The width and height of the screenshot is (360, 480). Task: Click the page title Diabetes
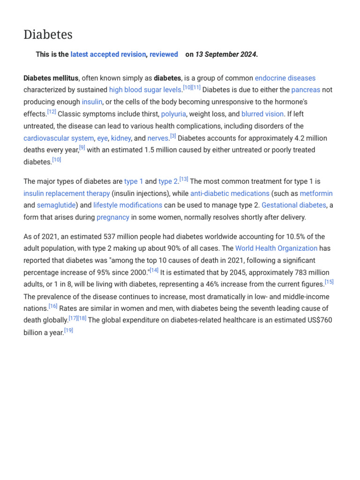point(48,35)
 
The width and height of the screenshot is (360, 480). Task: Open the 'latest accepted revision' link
point(108,54)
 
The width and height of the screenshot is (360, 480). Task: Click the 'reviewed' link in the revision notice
point(164,54)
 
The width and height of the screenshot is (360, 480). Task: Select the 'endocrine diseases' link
point(285,78)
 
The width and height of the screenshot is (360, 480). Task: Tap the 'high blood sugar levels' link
point(145,90)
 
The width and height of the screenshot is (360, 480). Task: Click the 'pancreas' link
point(306,90)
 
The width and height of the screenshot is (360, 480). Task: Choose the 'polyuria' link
point(173,114)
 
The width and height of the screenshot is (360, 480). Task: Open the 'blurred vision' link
point(262,114)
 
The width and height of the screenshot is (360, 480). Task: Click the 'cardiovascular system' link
point(59,138)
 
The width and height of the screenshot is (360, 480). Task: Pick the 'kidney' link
point(121,138)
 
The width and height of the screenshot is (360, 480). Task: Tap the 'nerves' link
point(158,138)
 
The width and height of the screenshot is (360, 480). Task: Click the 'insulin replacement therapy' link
point(67,193)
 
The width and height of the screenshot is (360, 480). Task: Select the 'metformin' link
point(316,193)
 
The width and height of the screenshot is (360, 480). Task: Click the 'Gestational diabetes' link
point(293,205)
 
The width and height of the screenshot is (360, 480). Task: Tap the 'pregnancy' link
point(112,217)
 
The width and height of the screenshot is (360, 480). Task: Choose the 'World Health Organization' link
point(276,248)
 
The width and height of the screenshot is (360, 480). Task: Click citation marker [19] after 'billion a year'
point(68,330)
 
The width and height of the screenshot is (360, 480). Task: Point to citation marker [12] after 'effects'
point(52,112)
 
